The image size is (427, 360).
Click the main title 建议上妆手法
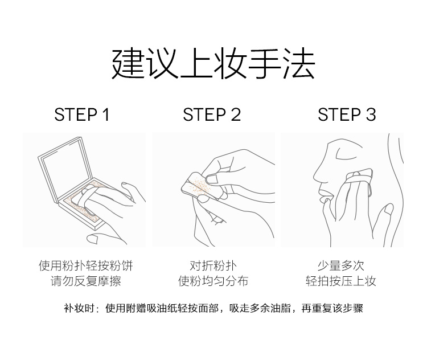tap(213, 64)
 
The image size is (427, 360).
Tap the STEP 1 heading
tap(81, 114)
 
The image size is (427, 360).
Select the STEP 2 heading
tap(212, 114)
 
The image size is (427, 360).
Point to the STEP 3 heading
tap(347, 114)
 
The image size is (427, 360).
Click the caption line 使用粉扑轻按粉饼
tap(85, 265)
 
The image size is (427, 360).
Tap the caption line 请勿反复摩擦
tap(85, 281)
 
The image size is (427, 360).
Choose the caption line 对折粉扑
tap(213, 265)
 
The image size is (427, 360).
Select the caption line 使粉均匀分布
tap(213, 281)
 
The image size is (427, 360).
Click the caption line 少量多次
tap(341, 265)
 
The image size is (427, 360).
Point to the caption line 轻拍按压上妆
tap(341, 281)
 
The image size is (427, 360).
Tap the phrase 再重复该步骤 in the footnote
tap(332, 309)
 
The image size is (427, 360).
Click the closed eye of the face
tap(346, 156)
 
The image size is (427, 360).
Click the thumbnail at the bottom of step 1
tap(92, 239)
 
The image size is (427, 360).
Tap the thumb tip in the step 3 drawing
tap(388, 209)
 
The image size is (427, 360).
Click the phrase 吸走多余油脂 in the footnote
tap(260, 309)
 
